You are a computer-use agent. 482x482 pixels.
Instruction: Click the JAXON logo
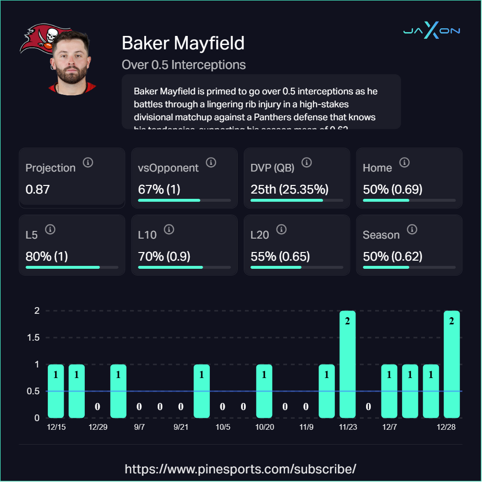point(431,31)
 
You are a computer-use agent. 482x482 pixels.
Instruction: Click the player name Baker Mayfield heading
point(183,43)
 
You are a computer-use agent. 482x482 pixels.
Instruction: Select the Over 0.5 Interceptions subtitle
point(184,65)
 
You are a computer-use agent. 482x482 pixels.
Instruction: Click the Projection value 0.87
point(37,189)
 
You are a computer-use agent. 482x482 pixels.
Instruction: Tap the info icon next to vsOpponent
point(211,163)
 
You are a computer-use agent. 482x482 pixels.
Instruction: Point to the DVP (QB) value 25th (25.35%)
point(286,189)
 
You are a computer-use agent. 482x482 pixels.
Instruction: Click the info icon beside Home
point(404,163)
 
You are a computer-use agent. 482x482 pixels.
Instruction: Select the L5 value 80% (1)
point(46,256)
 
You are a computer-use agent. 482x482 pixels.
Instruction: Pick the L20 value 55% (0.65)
point(280,256)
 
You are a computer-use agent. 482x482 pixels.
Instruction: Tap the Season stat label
point(381,235)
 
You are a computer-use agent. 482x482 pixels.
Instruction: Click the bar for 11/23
point(347,364)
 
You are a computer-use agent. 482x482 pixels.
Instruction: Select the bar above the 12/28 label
point(451,364)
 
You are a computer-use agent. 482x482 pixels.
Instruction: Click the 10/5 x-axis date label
point(223,427)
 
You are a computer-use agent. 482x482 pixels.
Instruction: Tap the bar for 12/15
point(56,390)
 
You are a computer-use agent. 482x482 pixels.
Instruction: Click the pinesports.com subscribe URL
point(241,468)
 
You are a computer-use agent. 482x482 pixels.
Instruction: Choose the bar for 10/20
point(264,390)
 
